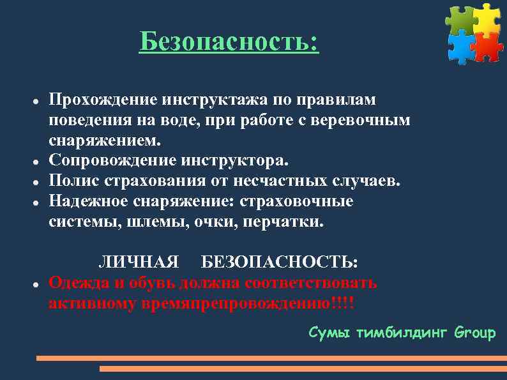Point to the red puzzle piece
tap(488, 47)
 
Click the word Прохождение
tap(104, 100)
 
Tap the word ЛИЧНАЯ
tap(138, 262)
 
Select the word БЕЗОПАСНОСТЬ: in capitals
tap(280, 262)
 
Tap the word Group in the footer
tap(474, 333)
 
